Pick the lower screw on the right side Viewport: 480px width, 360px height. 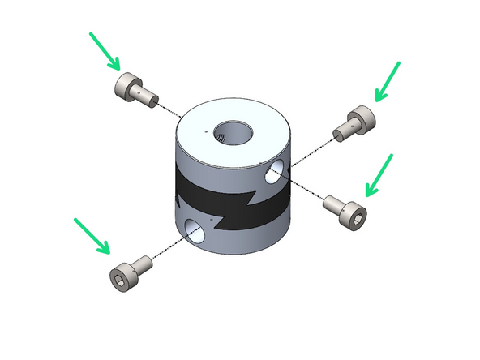pos(346,208)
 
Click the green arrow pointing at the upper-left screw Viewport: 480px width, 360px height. pos(105,50)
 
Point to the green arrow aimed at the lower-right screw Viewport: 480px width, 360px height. pos(379,175)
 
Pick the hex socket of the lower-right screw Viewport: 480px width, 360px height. pos(355,216)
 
